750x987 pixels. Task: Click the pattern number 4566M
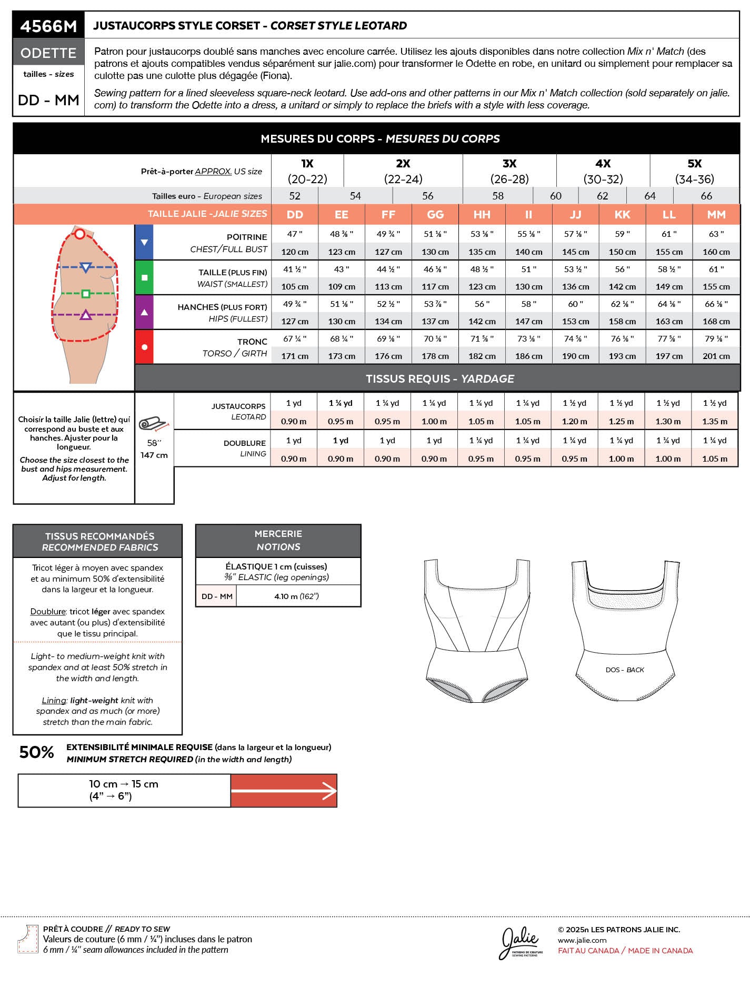[x=48, y=26]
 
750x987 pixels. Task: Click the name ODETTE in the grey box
[x=48, y=53]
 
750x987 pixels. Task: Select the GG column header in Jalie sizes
[x=435, y=215]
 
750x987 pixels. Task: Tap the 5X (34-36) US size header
[x=694, y=171]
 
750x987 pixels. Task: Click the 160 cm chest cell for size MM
[x=716, y=252]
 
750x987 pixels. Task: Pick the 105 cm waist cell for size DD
[x=295, y=286]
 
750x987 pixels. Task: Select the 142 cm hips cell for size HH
[x=482, y=321]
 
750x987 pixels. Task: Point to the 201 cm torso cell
[x=716, y=356]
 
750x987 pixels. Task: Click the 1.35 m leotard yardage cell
[x=714, y=421]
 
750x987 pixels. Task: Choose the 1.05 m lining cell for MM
[x=714, y=458]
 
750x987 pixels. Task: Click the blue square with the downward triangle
[x=144, y=242]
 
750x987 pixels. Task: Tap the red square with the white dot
[x=144, y=347]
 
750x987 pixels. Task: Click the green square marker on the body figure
[x=86, y=294]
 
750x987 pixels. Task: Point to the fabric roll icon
[x=153, y=423]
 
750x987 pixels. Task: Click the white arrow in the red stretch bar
[x=284, y=791]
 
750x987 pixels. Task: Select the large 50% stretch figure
[x=36, y=753]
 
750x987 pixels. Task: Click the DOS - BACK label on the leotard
[x=625, y=670]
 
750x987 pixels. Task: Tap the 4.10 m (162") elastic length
[x=296, y=596]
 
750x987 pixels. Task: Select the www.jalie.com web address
[x=582, y=940]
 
